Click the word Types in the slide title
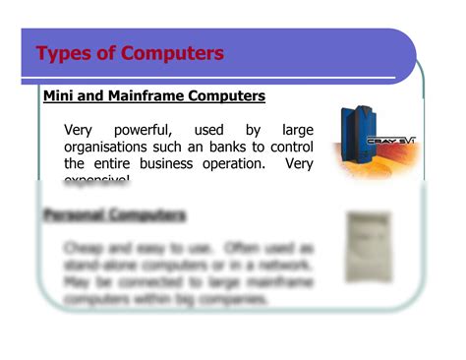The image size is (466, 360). coord(66,53)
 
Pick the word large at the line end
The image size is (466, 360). coord(297,129)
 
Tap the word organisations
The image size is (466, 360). coord(107,147)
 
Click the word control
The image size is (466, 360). coord(293,147)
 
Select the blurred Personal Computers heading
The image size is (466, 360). coord(115,214)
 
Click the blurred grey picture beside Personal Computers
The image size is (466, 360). coord(369,246)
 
